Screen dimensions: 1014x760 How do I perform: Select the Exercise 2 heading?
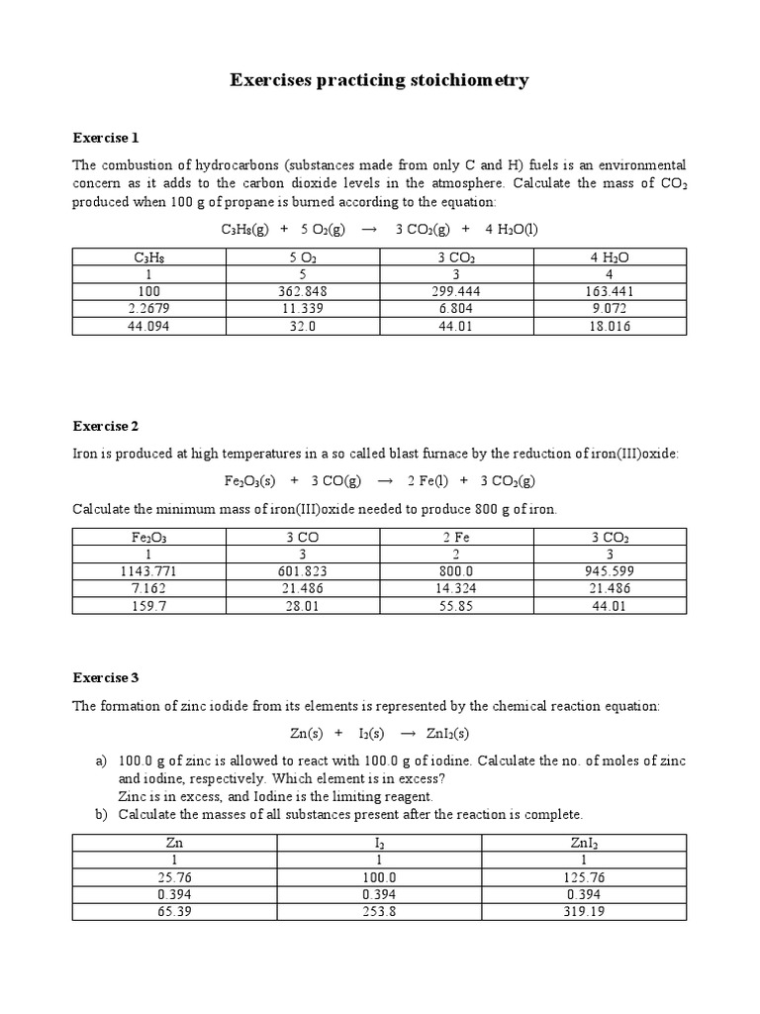(106, 426)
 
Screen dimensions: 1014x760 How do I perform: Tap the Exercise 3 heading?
(106, 677)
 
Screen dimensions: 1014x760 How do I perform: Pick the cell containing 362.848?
(303, 291)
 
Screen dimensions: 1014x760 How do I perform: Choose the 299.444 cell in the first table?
(457, 291)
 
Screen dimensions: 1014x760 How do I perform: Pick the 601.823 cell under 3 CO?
(303, 571)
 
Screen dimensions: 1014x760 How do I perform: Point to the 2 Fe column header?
(457, 538)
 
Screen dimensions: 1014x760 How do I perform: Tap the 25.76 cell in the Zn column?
(174, 877)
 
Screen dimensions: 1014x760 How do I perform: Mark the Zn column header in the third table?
(174, 844)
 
